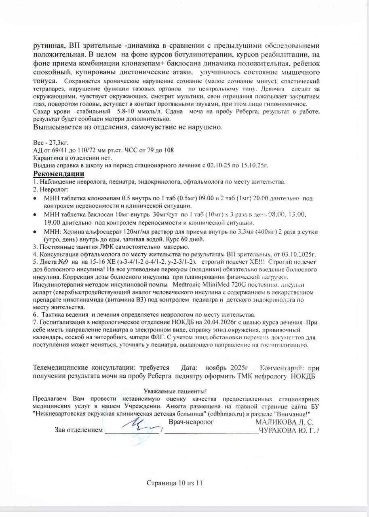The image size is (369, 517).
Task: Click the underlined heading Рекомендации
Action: [x=58, y=174]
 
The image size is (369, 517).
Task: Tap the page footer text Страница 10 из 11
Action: [x=174, y=483]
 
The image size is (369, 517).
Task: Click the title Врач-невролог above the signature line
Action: [x=191, y=422]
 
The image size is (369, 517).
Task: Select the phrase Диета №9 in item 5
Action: [x=52, y=262]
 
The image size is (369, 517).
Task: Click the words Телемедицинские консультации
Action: [x=84, y=368]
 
